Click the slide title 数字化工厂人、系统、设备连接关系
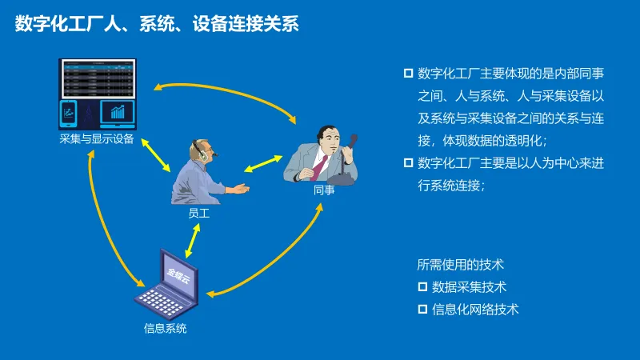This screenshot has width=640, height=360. [x=157, y=24]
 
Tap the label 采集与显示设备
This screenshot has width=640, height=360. [x=97, y=138]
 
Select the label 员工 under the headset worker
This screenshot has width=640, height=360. [x=198, y=214]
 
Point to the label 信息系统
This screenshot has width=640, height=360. [x=166, y=328]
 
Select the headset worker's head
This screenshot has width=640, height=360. [x=201, y=150]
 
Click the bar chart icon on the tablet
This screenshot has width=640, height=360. [x=118, y=112]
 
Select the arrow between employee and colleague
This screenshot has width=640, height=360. [x=262, y=164]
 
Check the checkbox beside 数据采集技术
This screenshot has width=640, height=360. [x=423, y=286]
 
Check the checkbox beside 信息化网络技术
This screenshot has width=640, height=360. [x=423, y=309]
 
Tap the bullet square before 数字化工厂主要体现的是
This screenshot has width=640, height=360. [x=408, y=74]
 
